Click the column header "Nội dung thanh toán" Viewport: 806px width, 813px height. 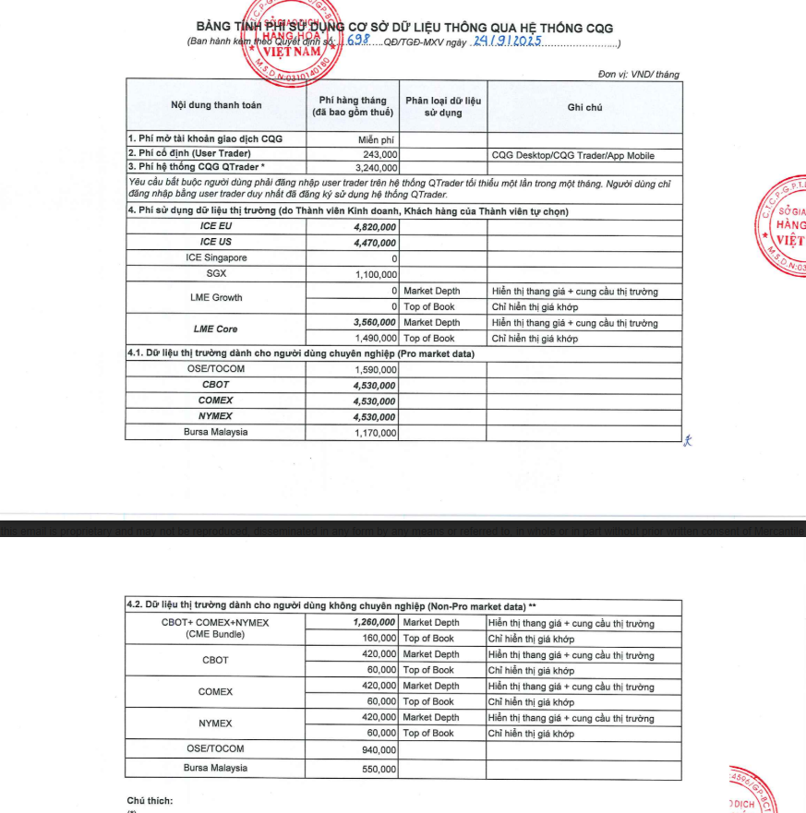[x=216, y=105]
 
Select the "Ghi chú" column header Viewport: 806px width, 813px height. [x=585, y=107]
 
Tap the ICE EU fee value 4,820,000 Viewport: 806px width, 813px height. [x=375, y=226]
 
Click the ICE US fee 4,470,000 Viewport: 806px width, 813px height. [x=375, y=242]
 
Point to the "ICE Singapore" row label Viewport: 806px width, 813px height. [x=216, y=257]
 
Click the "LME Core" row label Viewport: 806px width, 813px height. [x=216, y=329]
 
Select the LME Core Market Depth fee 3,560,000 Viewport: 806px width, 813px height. [x=375, y=322]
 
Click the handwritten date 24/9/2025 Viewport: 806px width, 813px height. [x=506, y=42]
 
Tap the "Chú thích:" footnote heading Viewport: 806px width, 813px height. [x=149, y=800]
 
